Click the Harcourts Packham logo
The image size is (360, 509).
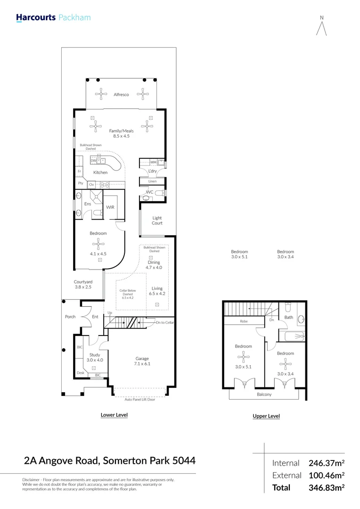pyautogui.click(x=53, y=18)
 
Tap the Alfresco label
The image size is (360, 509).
pyautogui.click(x=121, y=95)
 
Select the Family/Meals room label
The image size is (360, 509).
pyautogui.click(x=121, y=131)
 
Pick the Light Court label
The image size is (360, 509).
pyautogui.click(x=157, y=221)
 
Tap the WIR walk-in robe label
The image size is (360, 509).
pyautogui.click(x=110, y=207)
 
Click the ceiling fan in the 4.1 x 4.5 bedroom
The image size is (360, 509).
pyautogui.click(x=98, y=244)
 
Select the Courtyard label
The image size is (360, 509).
pyautogui.click(x=83, y=282)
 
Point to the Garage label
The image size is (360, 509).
pyautogui.click(x=142, y=359)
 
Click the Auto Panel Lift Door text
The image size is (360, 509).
pyautogui.click(x=139, y=399)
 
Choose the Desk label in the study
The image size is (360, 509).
pyautogui.click(x=80, y=372)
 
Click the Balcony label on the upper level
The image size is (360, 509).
pyautogui.click(x=264, y=394)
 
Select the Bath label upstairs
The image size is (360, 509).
pyautogui.click(x=288, y=317)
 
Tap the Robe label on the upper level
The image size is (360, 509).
pyautogui.click(x=244, y=321)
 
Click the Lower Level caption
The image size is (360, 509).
pyautogui.click(x=114, y=415)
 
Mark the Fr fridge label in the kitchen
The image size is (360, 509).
pyautogui.click(x=79, y=171)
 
